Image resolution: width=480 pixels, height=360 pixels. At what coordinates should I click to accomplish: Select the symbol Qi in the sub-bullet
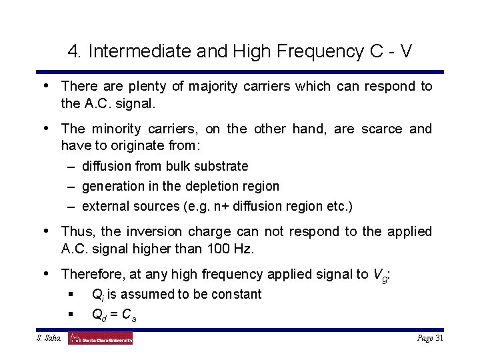coord(97,295)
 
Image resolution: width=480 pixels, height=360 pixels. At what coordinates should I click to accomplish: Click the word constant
coord(234,294)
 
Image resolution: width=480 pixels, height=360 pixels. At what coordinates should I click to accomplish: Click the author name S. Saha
coord(49,339)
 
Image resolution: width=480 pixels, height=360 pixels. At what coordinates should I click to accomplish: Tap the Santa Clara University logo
coord(101,339)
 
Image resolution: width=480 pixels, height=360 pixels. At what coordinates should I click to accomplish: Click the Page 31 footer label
coord(430,339)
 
